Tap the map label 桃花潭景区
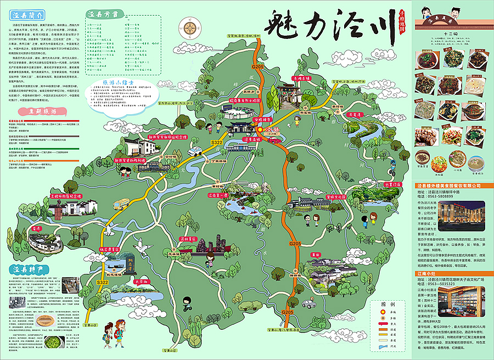click(111, 249)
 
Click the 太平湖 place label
click(127, 282)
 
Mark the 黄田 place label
click(315, 255)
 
